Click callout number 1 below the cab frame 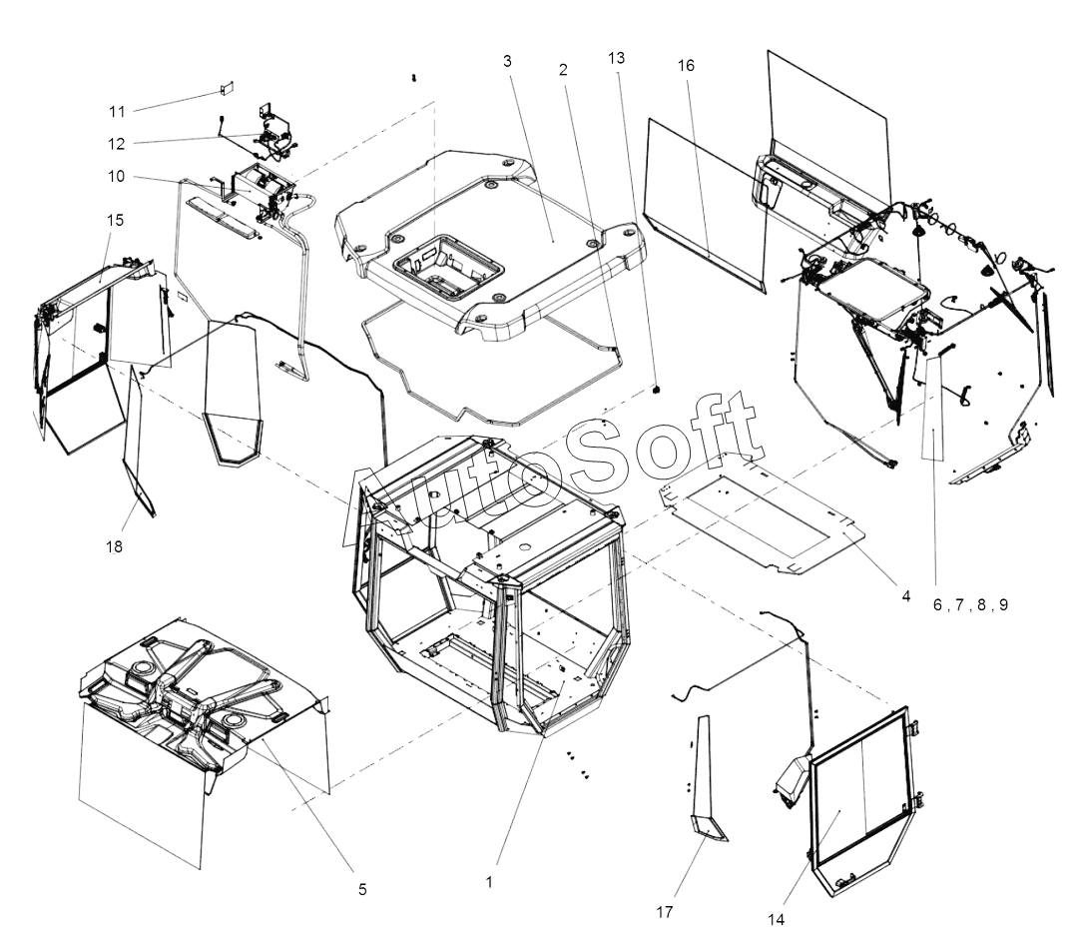(489, 883)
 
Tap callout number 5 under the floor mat (362, 888)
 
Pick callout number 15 (116, 220)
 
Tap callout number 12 (117, 143)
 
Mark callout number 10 (117, 177)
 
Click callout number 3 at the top (507, 62)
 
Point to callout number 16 (685, 65)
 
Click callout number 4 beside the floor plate (905, 596)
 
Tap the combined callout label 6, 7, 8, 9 (970, 604)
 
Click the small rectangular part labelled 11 (226, 89)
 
